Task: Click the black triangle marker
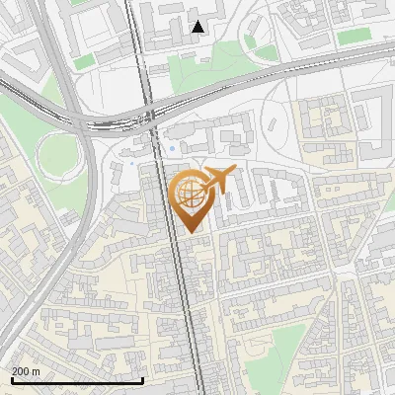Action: click(198, 27)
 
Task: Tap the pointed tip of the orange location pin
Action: click(191, 232)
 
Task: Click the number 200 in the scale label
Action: click(21, 370)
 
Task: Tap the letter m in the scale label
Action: click(37, 370)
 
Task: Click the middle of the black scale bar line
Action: click(77, 380)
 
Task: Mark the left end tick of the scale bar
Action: click(11, 379)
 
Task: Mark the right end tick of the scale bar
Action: click(143, 379)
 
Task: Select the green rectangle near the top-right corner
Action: click(354, 37)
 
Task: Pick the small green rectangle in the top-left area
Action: click(84, 61)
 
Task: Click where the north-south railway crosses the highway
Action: click(150, 117)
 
